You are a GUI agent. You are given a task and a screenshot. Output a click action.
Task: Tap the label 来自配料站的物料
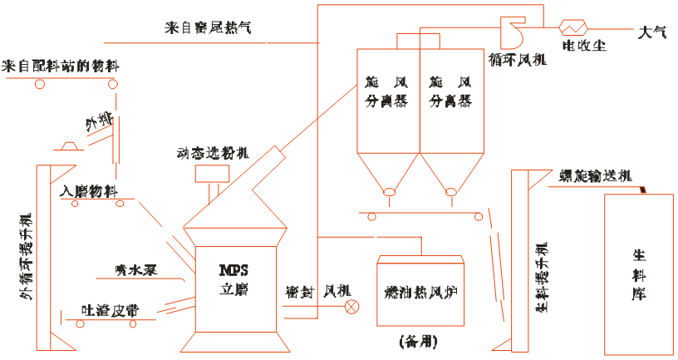(x=61, y=65)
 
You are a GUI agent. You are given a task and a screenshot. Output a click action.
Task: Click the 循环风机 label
(x=518, y=60)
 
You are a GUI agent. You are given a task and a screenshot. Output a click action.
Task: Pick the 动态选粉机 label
(x=213, y=154)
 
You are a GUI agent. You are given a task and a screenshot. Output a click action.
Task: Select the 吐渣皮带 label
(x=110, y=309)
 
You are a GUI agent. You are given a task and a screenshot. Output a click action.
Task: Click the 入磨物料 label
(x=89, y=190)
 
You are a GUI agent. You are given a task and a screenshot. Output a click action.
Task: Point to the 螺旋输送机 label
(x=596, y=176)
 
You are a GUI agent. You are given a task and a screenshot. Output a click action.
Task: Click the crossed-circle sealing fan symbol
(x=353, y=308)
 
